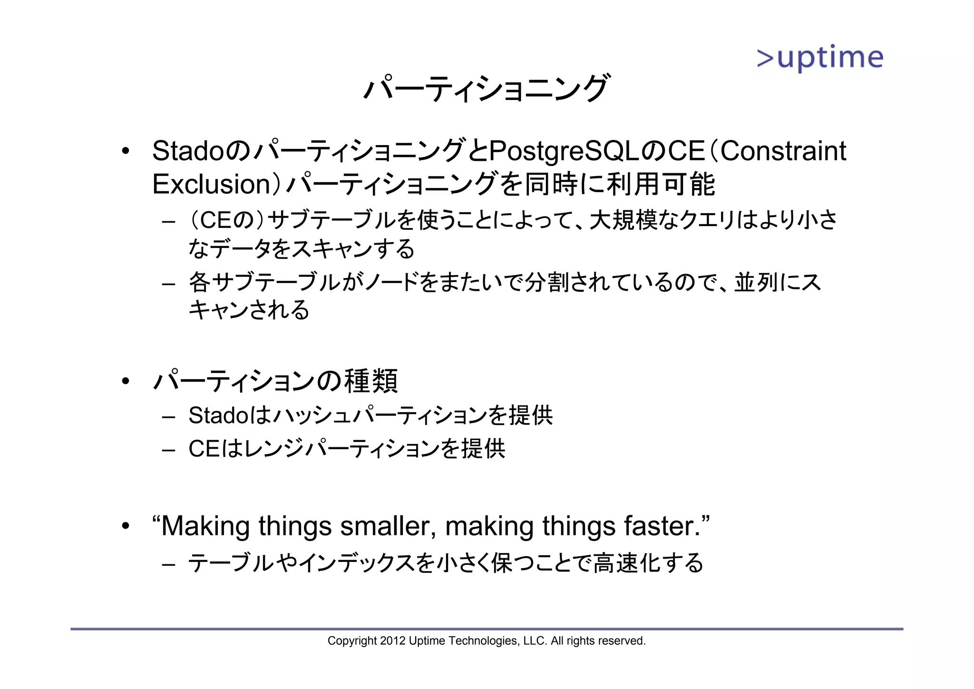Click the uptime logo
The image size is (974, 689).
click(x=819, y=59)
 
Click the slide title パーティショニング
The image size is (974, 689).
click(x=486, y=89)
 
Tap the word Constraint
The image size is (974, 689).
click(x=783, y=151)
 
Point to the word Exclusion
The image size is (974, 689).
click(x=212, y=185)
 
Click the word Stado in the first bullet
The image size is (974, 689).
click(x=187, y=151)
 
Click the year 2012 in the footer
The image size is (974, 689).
click(x=393, y=641)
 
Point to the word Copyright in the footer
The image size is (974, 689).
click(x=352, y=641)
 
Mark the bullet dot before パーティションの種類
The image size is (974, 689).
click(x=125, y=381)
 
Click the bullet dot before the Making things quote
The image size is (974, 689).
click(x=125, y=526)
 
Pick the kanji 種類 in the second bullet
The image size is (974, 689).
click(x=371, y=381)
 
